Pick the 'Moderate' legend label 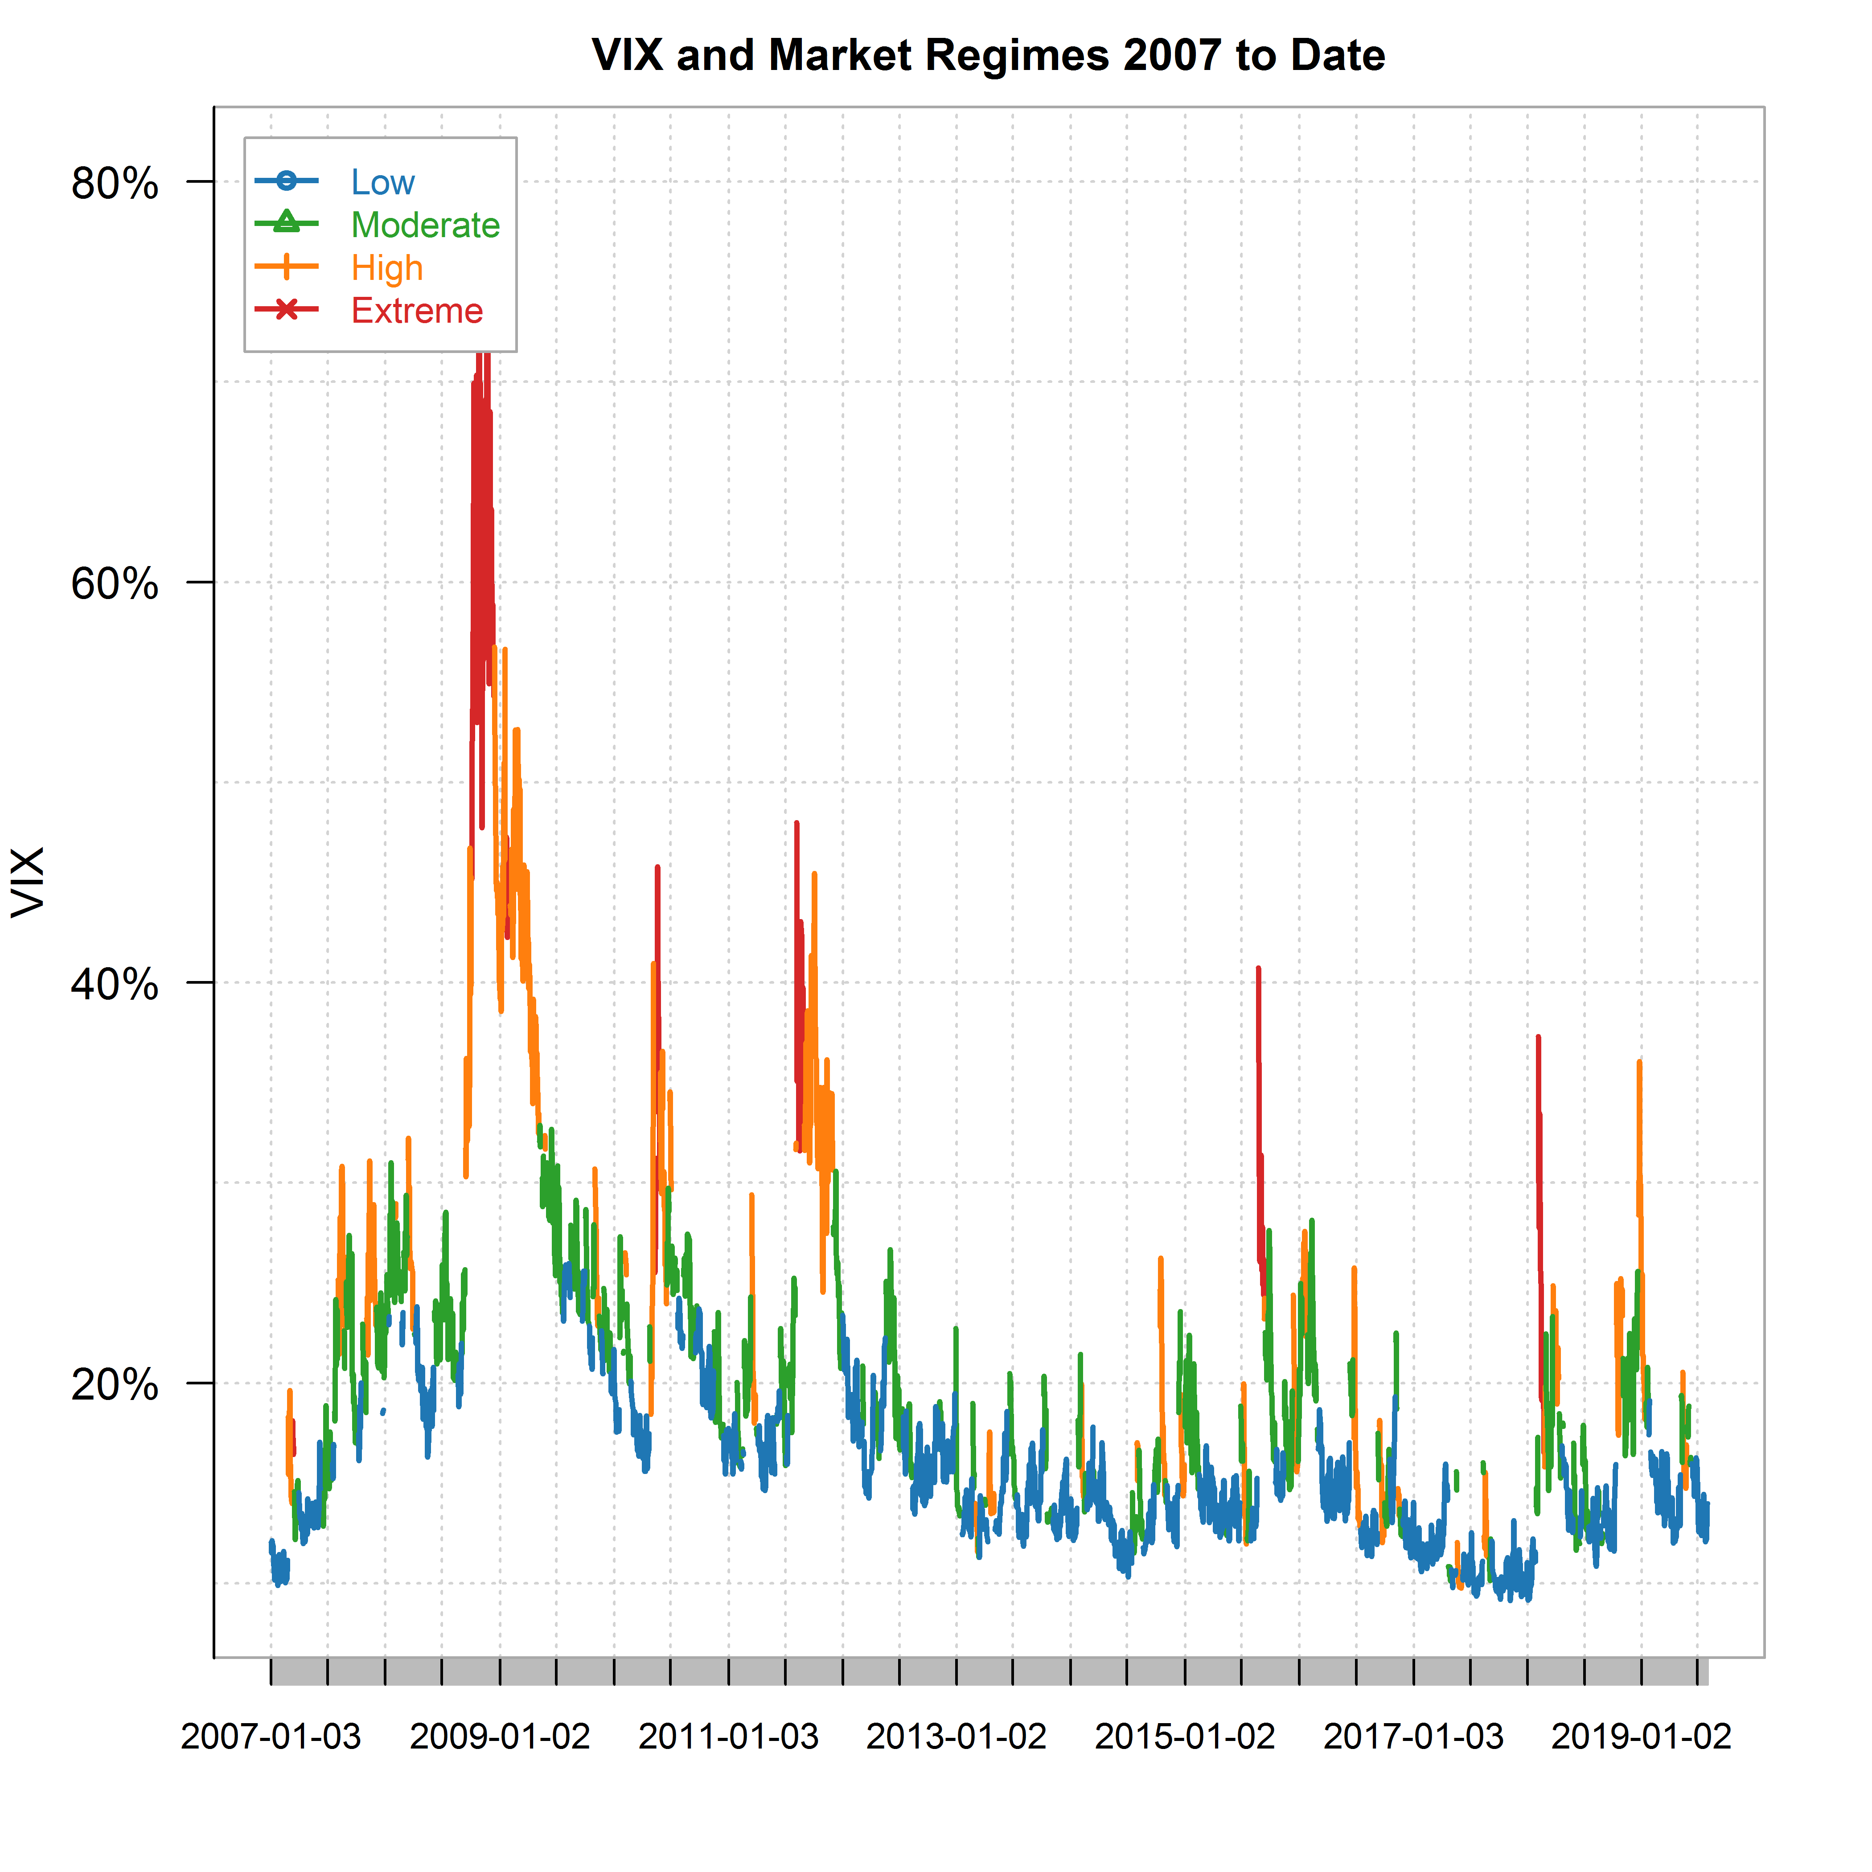point(424,225)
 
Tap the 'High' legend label point(386,267)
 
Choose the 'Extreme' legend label point(417,311)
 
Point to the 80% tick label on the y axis point(115,182)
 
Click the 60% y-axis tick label point(115,583)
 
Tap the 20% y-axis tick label point(115,1385)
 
